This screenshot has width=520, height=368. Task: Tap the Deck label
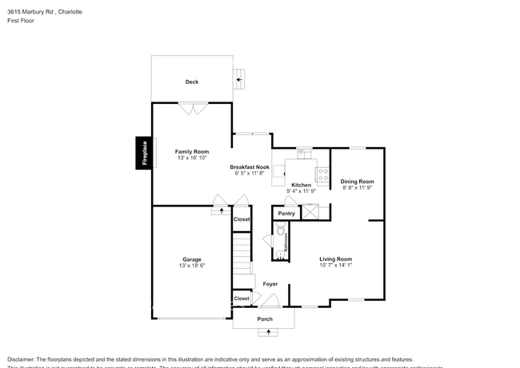[x=192, y=82]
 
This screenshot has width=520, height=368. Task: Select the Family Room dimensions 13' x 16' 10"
[x=192, y=158]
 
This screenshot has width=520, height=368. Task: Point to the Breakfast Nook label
[x=250, y=166]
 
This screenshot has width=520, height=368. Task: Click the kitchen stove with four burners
[x=322, y=174]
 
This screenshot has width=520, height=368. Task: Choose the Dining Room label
[x=358, y=181]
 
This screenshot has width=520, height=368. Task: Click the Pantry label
[x=286, y=214]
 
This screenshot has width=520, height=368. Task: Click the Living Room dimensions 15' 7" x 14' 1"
[x=336, y=266]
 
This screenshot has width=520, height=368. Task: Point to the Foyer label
[x=270, y=284]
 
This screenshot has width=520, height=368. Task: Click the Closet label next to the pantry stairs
[x=241, y=219]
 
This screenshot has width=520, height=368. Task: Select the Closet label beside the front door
[x=241, y=298]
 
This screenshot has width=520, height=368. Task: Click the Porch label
[x=265, y=319]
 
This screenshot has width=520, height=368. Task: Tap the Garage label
[x=192, y=259]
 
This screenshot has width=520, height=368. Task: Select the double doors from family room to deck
[x=192, y=109]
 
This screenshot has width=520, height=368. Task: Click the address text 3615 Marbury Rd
[x=32, y=12]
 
